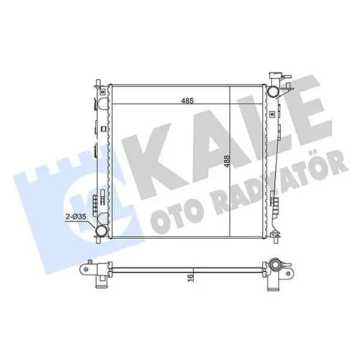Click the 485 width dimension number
pos(188,101)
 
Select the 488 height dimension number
pos(227,161)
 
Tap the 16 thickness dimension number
pos(190,278)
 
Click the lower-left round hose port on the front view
pos(101,231)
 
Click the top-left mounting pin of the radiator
pos(98,83)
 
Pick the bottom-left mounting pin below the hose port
pos(98,240)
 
